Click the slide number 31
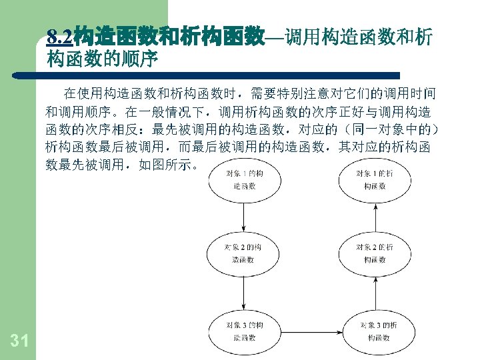19,341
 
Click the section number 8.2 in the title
60,36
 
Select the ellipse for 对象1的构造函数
244,180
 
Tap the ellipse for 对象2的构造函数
244,253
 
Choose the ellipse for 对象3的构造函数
244,331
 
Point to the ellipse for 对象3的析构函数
377,331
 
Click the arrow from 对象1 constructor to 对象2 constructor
244,216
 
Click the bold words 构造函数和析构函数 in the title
169,36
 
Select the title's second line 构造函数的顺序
102,60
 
